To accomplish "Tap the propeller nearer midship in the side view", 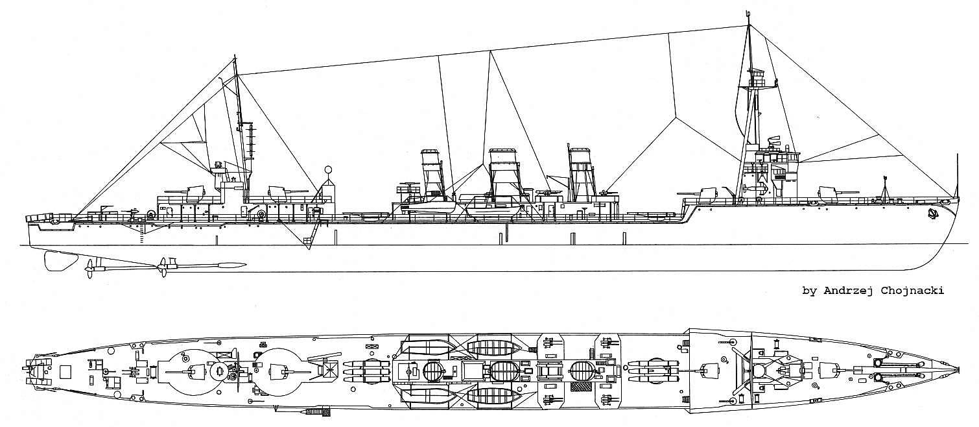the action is pos(163,265).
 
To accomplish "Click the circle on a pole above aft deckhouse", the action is pos(328,171).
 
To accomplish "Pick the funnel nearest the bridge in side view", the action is pos(582,172).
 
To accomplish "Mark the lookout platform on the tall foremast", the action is pos(757,79).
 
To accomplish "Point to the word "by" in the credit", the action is pos(809,291).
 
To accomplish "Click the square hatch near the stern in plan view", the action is pos(65,371).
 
